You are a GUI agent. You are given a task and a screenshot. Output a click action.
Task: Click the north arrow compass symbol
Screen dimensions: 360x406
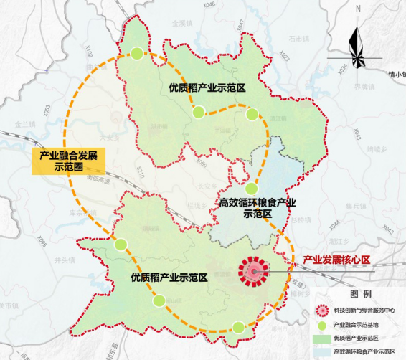357,39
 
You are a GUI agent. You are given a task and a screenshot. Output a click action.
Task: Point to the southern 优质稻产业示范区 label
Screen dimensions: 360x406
169,276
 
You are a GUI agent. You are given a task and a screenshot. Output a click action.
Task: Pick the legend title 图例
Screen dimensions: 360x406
361,295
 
